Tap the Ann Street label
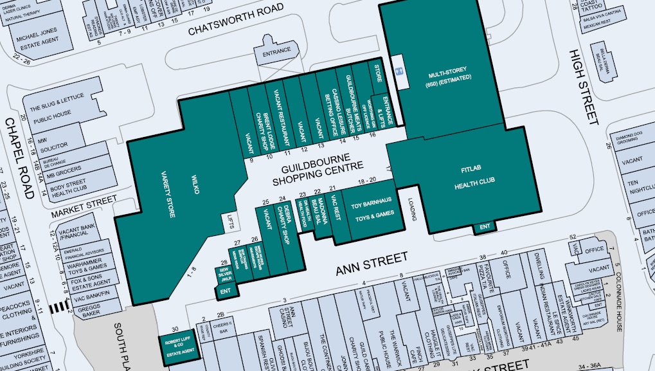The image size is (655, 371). coord(372,263)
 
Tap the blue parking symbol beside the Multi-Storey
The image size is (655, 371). coord(399,71)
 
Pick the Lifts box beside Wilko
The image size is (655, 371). coord(229,222)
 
